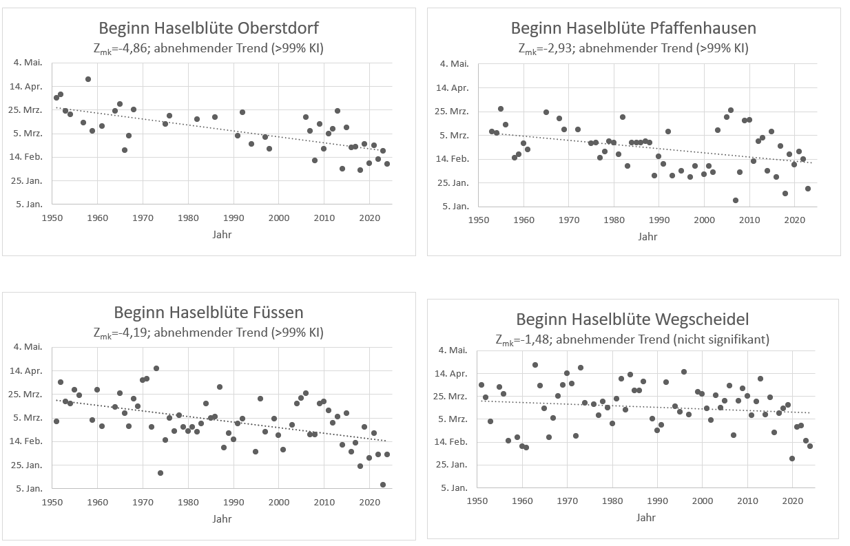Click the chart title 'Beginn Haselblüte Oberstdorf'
(x=209, y=28)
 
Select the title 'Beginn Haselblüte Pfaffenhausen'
(x=633, y=28)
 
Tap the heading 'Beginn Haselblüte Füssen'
(x=208, y=313)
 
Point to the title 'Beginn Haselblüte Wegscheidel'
(x=632, y=319)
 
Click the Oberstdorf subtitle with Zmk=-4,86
(x=209, y=48)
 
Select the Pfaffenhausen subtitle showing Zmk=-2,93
(x=633, y=48)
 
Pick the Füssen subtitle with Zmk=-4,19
(x=208, y=333)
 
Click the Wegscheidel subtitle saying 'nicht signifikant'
(x=632, y=339)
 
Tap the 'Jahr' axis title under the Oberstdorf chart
(x=222, y=234)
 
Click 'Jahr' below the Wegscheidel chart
(x=645, y=517)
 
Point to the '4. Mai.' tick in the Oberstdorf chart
(x=28, y=63)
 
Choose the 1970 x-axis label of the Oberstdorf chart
(x=143, y=218)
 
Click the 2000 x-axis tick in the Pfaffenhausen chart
(x=704, y=220)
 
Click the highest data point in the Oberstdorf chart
(x=88, y=79)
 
